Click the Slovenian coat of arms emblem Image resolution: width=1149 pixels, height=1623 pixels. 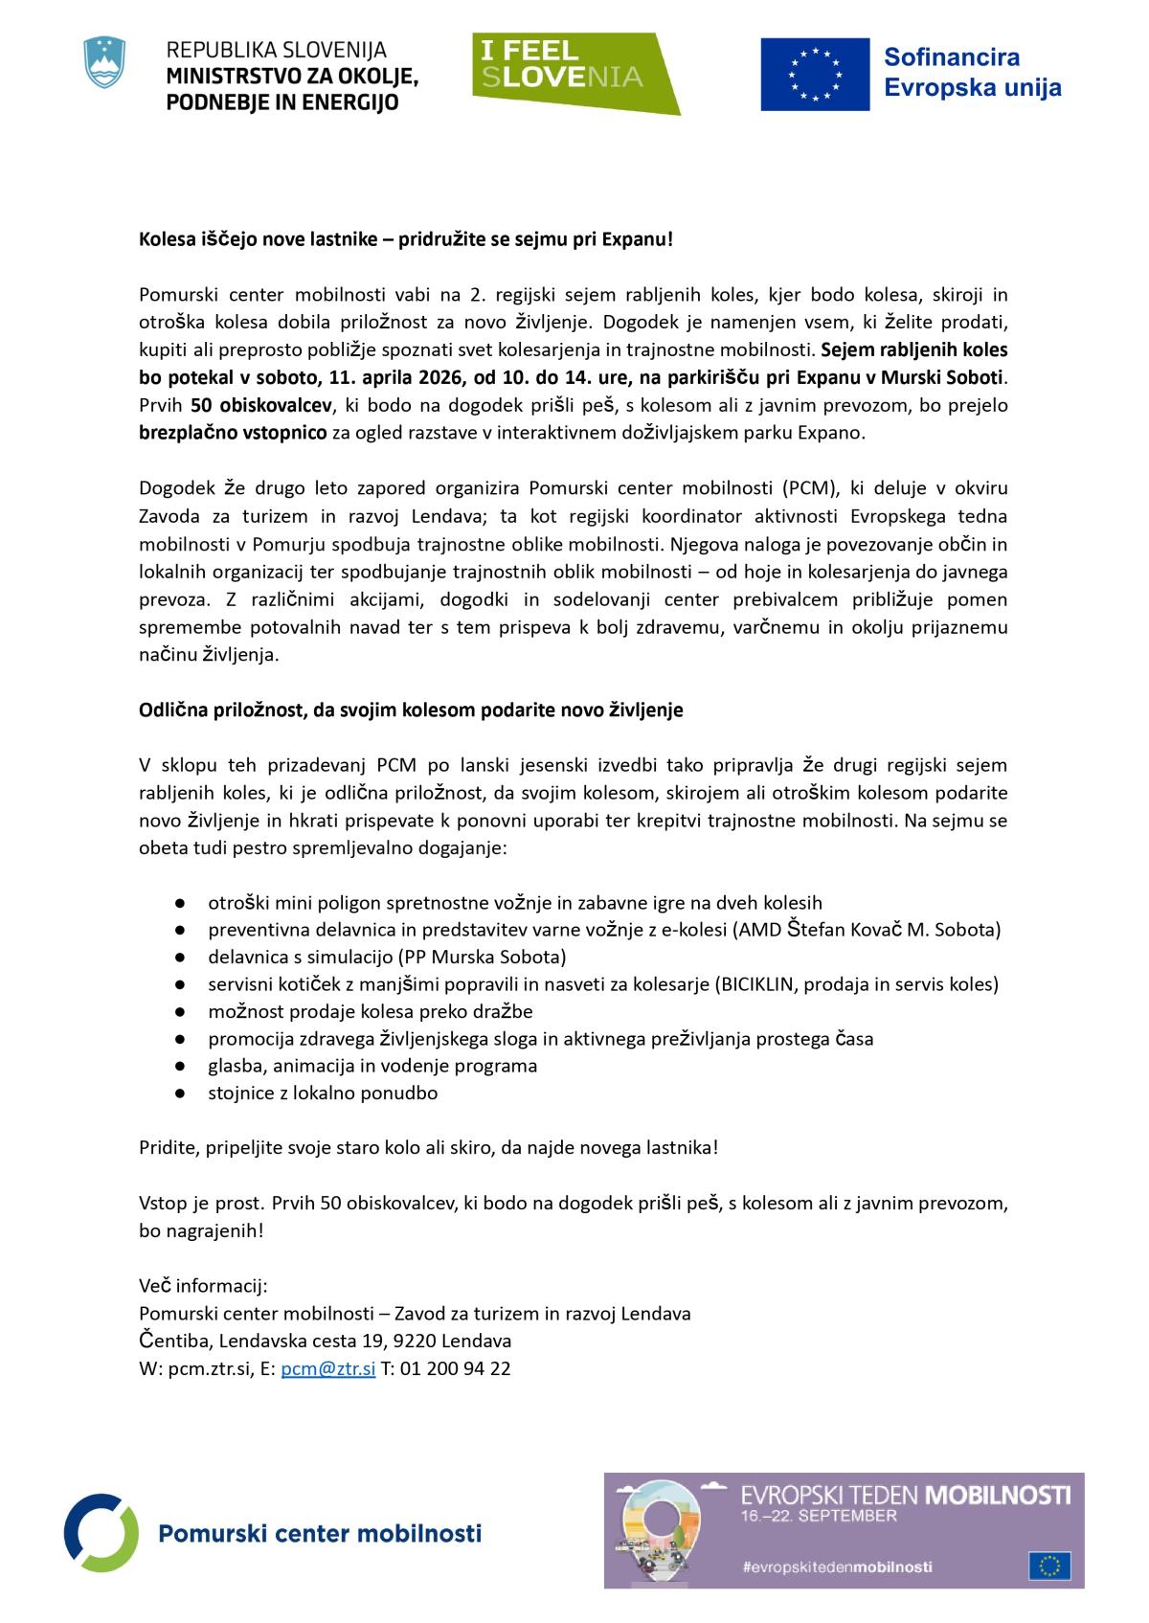(x=105, y=63)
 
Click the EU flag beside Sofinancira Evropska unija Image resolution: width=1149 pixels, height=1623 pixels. (x=815, y=75)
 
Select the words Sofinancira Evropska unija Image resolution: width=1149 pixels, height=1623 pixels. (x=971, y=73)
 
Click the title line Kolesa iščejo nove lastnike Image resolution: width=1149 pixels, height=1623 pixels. (x=406, y=238)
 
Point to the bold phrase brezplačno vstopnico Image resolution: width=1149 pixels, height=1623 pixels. (x=233, y=433)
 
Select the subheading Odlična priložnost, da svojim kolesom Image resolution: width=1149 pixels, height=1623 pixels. (x=411, y=710)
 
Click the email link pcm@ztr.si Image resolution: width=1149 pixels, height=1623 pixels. (x=327, y=1368)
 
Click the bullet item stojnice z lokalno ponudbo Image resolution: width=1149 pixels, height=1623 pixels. (x=323, y=1093)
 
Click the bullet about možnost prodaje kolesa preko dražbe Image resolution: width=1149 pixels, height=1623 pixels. (x=371, y=1011)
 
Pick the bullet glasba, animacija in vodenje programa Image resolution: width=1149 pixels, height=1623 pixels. (x=372, y=1066)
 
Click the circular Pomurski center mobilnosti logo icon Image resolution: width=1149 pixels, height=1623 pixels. (x=101, y=1532)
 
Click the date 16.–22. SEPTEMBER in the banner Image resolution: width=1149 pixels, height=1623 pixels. (x=820, y=1516)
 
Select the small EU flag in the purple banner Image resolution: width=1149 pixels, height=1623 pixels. (x=1049, y=1566)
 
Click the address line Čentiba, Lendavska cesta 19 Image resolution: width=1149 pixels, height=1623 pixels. (x=325, y=1341)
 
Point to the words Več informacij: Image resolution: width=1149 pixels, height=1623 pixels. (x=203, y=1285)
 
